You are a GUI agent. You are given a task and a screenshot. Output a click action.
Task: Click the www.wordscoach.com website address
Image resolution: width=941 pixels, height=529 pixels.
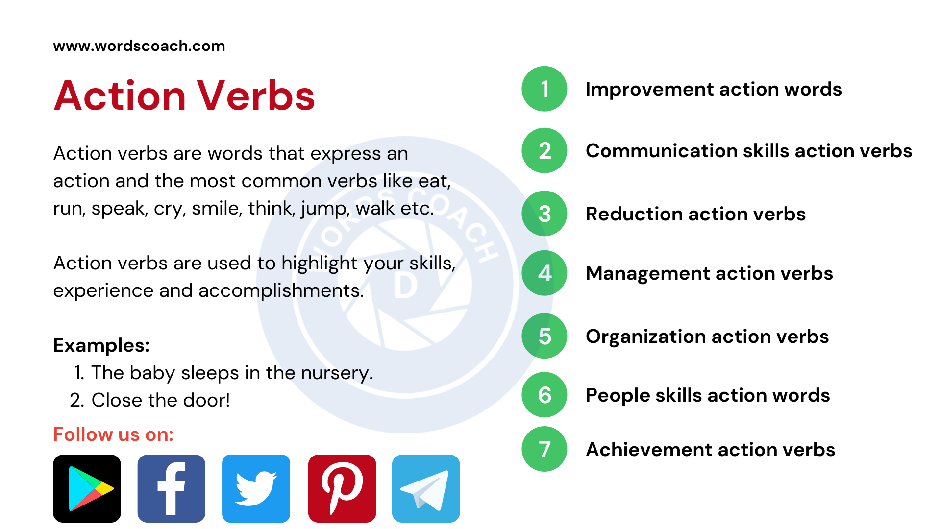coord(139,46)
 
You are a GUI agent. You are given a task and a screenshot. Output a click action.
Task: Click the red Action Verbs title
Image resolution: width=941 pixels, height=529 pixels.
coord(184,96)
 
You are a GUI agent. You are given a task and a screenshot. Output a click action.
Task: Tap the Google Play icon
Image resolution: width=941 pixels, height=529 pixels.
coord(87,488)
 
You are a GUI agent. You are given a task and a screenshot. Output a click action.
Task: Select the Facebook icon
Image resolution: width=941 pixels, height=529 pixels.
coord(172,488)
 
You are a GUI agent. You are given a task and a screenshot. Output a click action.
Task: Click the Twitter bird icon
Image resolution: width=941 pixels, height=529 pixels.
coord(256,488)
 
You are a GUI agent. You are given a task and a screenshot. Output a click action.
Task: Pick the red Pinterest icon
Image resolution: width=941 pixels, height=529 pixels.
coord(342,488)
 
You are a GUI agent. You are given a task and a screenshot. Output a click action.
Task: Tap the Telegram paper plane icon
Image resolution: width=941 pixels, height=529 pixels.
coord(426,488)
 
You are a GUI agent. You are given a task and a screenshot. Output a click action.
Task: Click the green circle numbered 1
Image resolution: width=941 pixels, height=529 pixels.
coord(545,89)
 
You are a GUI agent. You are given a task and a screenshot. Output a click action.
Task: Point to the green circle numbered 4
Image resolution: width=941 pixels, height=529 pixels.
coord(545,273)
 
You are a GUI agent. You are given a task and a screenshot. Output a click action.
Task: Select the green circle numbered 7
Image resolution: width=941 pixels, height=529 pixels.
coord(545,449)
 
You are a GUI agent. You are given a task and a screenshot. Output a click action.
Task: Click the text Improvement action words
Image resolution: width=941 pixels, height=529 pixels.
coord(714,89)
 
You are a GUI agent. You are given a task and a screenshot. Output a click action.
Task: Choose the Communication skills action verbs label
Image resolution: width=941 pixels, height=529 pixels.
coord(749,151)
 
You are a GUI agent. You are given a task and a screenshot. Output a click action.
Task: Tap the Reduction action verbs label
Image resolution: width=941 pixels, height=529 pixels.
coord(695,214)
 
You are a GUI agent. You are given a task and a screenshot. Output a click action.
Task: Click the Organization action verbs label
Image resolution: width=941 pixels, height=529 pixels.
coord(707,337)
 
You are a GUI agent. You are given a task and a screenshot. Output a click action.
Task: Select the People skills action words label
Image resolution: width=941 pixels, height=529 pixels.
coord(708,395)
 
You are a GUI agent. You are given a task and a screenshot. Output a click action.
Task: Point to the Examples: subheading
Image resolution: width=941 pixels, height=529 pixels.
coord(101,345)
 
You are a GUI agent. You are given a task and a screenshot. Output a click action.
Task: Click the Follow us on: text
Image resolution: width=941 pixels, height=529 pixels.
coord(113,434)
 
